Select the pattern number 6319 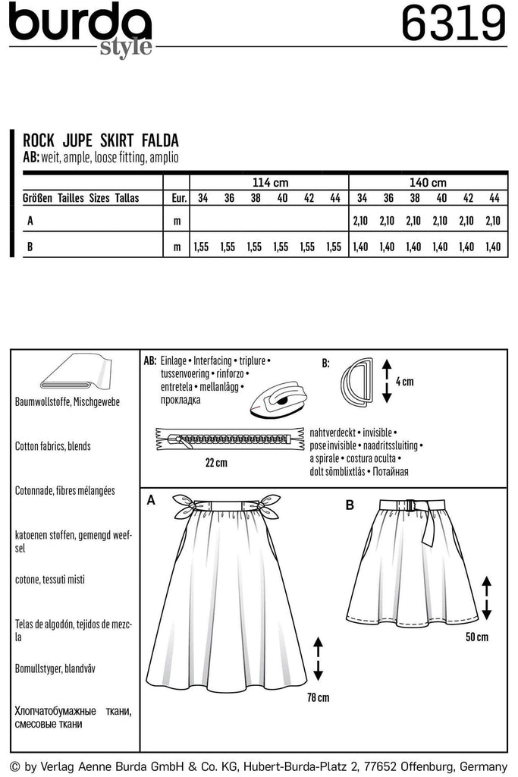point(453,24)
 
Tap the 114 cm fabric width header point(270,183)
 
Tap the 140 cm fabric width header point(428,183)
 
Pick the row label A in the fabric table point(30,221)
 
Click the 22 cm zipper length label point(216,462)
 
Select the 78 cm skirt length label point(319,697)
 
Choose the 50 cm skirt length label point(476,637)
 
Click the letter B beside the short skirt point(350,505)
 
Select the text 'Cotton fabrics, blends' point(52,446)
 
